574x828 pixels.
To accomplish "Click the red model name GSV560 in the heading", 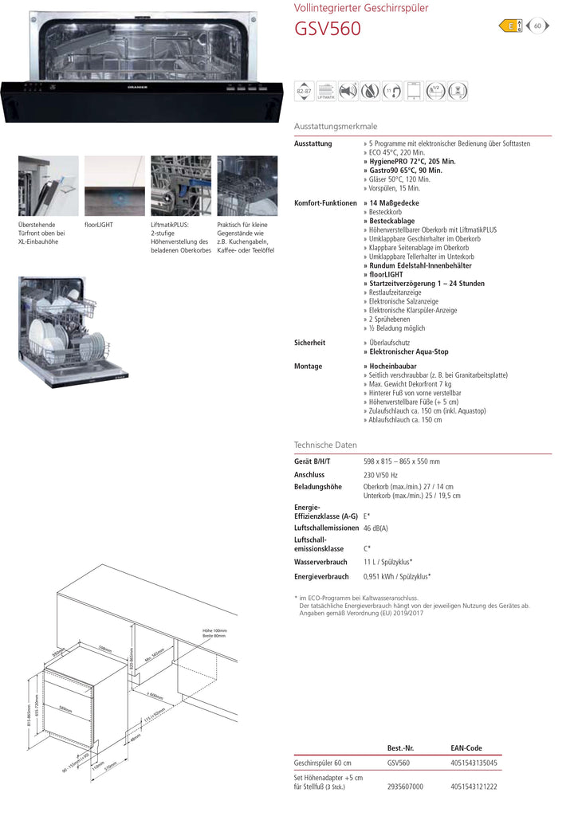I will pos(328,30).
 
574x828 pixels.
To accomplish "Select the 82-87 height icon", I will pos(304,91).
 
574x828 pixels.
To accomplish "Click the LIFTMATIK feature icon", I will pos(326,91).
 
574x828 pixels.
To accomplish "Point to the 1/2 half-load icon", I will pos(435,91).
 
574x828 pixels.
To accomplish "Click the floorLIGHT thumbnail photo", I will pos(114,186).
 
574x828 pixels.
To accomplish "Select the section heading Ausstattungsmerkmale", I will pos(336,127).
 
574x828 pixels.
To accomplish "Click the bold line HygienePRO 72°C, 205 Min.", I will pos(410,161).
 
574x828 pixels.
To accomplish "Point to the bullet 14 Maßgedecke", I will pos(394,203).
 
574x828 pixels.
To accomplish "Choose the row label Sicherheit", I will pos(309,343).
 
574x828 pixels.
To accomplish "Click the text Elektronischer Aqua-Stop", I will pos(408,351).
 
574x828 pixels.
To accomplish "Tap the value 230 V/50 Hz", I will pos(386,475).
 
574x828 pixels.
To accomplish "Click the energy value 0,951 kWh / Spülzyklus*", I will pos(397,576).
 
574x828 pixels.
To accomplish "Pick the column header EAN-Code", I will pos(466,748).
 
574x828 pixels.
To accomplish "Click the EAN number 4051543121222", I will pos(474,787).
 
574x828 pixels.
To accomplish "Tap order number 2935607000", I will pos(405,787).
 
